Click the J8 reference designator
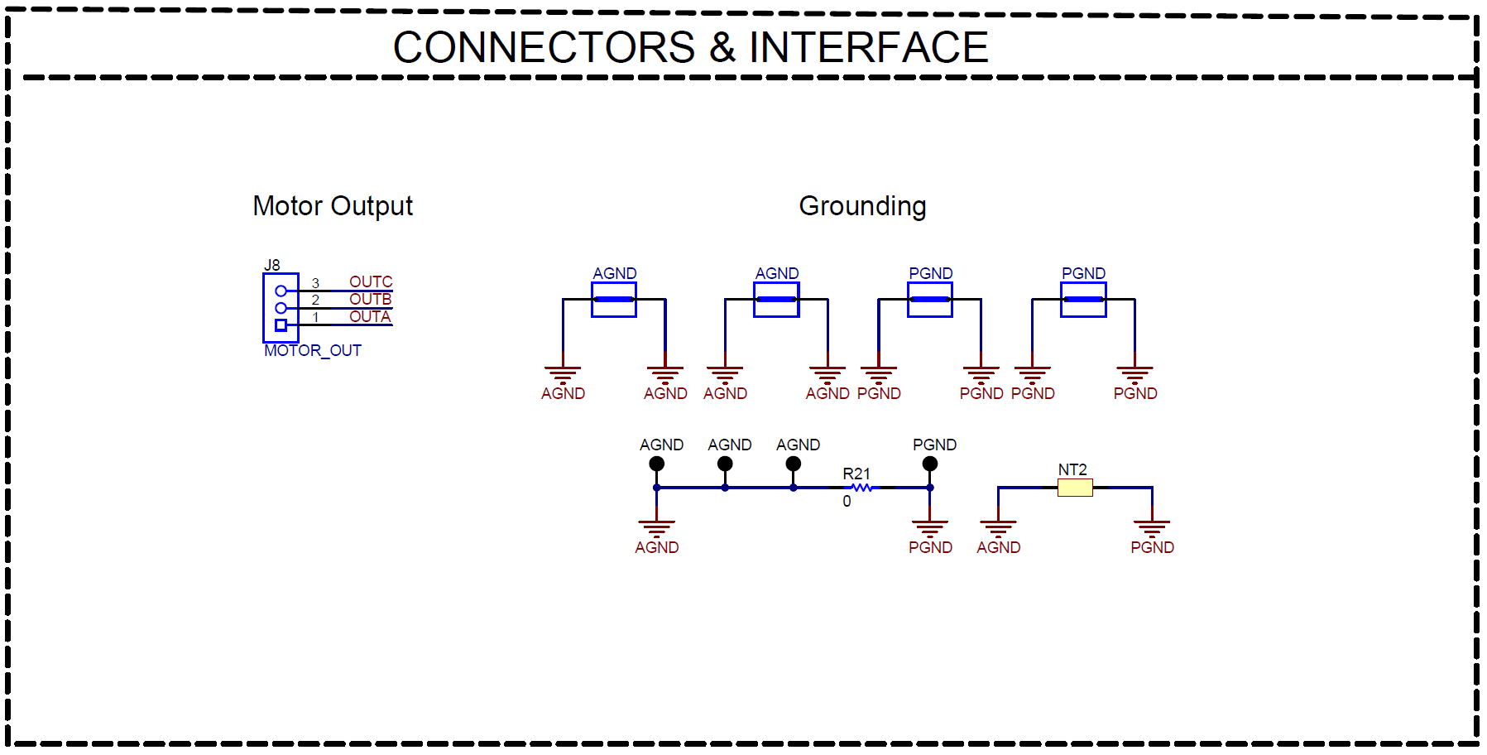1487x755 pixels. click(271, 265)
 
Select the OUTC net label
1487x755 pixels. click(370, 281)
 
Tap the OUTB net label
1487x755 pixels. click(370, 299)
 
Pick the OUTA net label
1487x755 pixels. click(369, 316)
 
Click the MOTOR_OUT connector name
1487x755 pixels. click(312, 351)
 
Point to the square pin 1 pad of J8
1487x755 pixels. click(281, 325)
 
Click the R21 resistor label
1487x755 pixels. click(856, 474)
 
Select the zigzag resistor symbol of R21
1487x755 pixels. click(861, 488)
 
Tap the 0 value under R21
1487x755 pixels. click(847, 502)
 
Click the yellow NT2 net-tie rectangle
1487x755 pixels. click(1075, 488)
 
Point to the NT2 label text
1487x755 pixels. click(1072, 469)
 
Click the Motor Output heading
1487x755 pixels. click(332, 205)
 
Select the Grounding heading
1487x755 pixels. click(861, 205)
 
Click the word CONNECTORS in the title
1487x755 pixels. click(544, 47)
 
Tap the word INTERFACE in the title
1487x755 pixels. click(868, 47)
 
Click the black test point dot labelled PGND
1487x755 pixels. click(930, 464)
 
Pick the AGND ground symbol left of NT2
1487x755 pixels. click(998, 527)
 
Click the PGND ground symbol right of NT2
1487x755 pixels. click(1152, 527)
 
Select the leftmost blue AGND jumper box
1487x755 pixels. click(614, 300)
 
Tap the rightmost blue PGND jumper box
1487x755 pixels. click(1083, 300)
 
